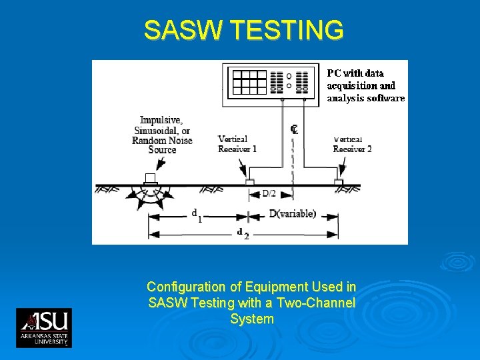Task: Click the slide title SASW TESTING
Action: coord(244,30)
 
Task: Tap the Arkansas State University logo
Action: coord(44,327)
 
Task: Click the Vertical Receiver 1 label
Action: coord(237,144)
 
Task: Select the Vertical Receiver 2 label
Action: coord(352,144)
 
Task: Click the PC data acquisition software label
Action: coord(365,85)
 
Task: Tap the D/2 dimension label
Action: coord(269,193)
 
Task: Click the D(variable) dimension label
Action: coord(292,214)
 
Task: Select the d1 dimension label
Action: coord(197,215)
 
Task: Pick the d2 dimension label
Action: coord(243,234)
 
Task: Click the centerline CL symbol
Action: coord(294,129)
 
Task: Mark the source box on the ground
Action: coord(151,178)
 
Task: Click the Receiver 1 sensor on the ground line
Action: coord(249,181)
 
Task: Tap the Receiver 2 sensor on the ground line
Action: coord(338,181)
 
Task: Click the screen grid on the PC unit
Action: coord(249,81)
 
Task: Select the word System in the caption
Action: coord(251,319)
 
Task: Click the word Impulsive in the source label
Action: coord(160,120)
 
